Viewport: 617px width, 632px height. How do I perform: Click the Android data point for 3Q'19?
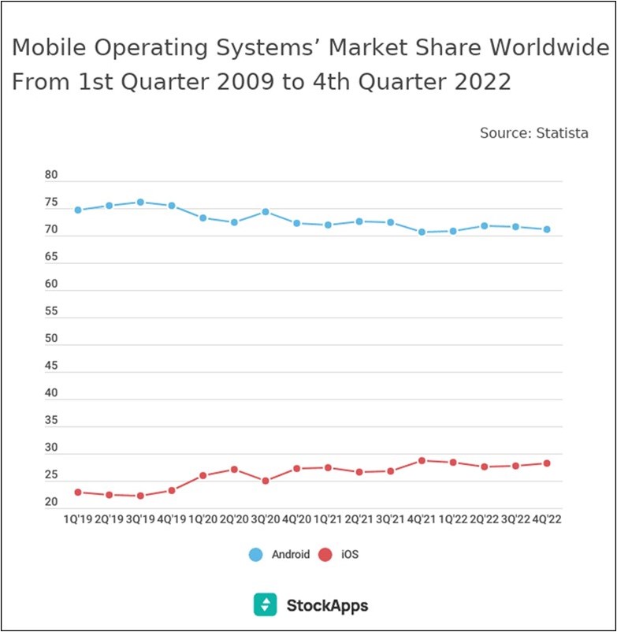[140, 203]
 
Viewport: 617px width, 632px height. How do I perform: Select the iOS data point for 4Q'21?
[422, 460]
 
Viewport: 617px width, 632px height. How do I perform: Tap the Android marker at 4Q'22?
[547, 229]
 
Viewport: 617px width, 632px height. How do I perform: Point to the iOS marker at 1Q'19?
[78, 493]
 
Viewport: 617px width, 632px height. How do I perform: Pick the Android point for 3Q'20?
[266, 212]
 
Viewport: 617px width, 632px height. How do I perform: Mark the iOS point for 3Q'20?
[266, 481]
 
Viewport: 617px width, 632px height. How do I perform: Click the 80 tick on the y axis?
[51, 176]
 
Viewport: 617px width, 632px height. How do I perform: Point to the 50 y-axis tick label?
[51, 339]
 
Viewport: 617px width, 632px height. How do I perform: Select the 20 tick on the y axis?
[51, 502]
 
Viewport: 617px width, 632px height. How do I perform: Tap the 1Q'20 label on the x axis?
[203, 520]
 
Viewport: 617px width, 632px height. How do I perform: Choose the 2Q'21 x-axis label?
[359, 520]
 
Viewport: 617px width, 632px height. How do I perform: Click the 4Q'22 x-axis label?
[546, 520]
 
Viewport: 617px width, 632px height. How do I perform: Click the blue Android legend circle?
[255, 555]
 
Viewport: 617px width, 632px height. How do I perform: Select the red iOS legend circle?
[325, 555]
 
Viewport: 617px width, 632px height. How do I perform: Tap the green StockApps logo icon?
[265, 604]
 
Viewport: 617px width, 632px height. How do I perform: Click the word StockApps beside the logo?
[327, 605]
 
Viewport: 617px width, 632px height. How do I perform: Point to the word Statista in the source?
[562, 133]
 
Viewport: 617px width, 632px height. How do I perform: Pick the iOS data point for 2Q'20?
[234, 470]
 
